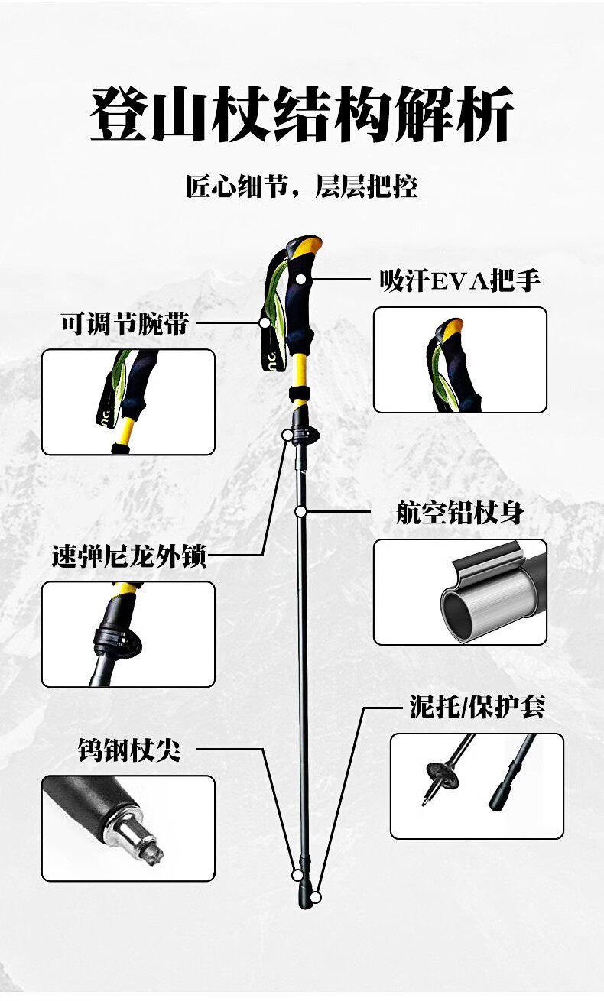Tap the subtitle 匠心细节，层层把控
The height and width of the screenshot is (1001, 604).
pyautogui.click(x=302, y=186)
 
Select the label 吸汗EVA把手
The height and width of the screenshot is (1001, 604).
pyautogui.click(x=460, y=281)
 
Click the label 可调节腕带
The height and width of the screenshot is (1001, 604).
pyautogui.click(x=125, y=323)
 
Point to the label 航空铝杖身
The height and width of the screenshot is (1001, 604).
pyautogui.click(x=460, y=513)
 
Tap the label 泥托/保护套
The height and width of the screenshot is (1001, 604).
pyautogui.click(x=477, y=707)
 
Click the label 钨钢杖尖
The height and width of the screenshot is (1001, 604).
pyautogui.click(x=129, y=750)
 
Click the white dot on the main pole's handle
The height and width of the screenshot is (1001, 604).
pyautogui.click(x=301, y=280)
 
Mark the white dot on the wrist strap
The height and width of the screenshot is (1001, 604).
pyautogui.click(x=265, y=322)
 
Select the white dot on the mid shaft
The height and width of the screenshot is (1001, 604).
pyautogui.click(x=301, y=510)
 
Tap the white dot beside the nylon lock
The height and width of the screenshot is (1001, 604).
pyautogui.click(x=287, y=434)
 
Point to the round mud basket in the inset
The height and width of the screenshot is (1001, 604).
pyautogui.click(x=442, y=778)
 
